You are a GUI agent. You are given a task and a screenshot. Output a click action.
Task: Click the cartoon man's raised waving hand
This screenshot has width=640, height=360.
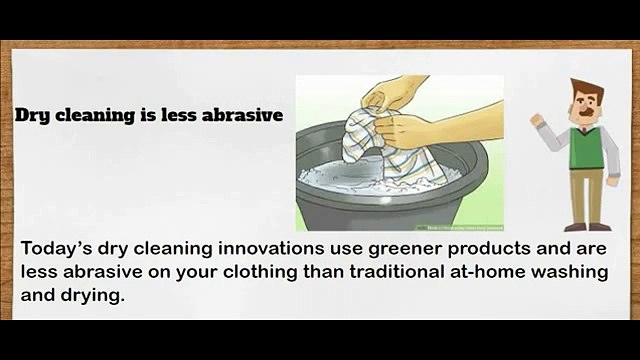pos(536,120)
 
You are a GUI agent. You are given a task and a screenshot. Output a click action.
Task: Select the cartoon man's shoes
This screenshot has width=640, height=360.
pos(585,227)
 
